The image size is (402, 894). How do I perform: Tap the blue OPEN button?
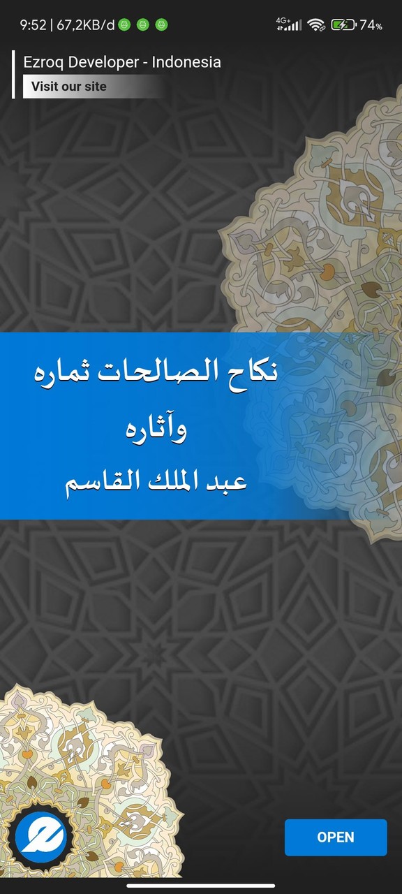pos(336,837)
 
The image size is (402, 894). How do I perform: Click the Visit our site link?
pos(69,87)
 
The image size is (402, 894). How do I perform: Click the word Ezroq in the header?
pos(41,62)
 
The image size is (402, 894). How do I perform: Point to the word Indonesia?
pos(186,62)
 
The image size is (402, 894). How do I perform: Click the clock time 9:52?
pos(33,25)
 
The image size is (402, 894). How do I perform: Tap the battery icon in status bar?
pos(343,25)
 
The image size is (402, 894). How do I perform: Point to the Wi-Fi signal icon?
pos(316,25)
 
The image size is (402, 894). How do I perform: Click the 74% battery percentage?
pos(371,25)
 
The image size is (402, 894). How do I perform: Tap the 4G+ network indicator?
pos(289,25)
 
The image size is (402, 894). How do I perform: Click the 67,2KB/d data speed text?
pos(85,25)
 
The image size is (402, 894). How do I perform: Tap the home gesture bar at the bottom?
pos(201,886)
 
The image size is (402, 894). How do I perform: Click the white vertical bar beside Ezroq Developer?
pos(13,74)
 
